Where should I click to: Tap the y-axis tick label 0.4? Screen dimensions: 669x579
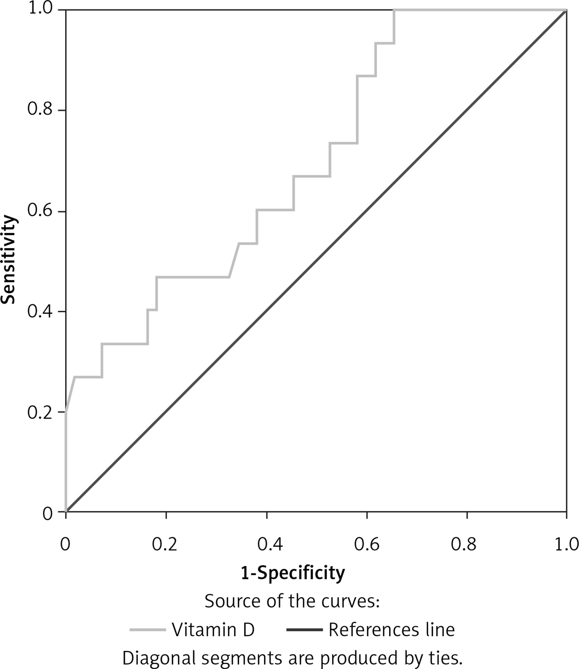coord(40,312)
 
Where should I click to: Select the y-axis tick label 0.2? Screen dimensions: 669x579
coord(40,412)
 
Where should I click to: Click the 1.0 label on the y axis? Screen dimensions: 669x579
coord(40,9)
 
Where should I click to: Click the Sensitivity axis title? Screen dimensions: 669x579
coord(8,259)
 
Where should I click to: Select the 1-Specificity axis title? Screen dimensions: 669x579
coord(292,573)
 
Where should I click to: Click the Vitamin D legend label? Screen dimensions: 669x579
coord(213,630)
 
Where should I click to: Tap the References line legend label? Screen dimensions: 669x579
coord(391,630)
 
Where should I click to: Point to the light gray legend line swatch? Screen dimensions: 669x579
coord(148,630)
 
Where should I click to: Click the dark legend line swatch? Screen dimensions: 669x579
coord(304,630)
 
